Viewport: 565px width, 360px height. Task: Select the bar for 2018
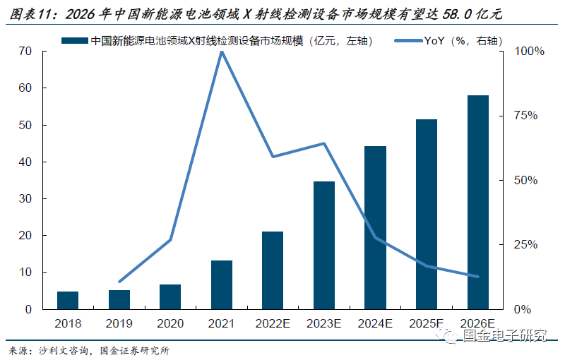[68, 300]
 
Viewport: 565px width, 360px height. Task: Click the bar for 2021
[222, 284]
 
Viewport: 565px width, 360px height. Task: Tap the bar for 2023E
[324, 245]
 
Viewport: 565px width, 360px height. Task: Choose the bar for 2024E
[375, 227]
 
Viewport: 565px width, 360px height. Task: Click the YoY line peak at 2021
[222, 52]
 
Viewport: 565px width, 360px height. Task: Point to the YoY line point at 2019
[119, 282]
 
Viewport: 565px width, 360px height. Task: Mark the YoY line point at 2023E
[324, 143]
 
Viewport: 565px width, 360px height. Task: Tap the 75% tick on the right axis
[525, 116]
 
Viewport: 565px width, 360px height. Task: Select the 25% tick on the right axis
[525, 245]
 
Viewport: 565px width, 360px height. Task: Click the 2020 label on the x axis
[170, 323]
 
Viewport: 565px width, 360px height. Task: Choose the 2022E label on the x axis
[273, 323]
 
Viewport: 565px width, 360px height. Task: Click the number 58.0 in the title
[439, 15]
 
